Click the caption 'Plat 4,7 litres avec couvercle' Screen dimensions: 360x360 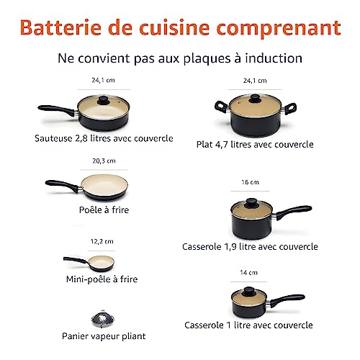pos(255,144)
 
